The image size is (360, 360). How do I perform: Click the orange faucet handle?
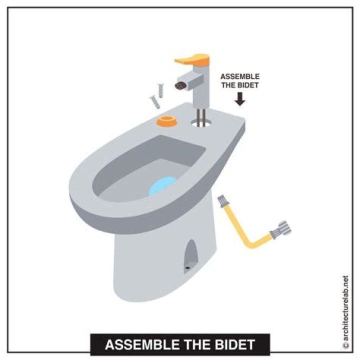point(193,59)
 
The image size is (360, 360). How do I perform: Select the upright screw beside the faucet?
point(160,90)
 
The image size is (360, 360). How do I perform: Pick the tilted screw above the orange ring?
point(154,102)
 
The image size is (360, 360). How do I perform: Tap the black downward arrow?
point(240,98)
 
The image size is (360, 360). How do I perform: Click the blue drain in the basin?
point(162,185)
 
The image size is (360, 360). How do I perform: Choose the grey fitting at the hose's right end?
point(280,229)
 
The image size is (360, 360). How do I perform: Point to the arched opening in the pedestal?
point(191,256)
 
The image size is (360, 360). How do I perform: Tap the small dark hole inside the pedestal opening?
point(188,267)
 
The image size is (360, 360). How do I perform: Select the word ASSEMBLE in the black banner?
point(142,344)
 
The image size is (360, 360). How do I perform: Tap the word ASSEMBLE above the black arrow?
point(240,76)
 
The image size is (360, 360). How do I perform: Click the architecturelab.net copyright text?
point(346,312)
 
